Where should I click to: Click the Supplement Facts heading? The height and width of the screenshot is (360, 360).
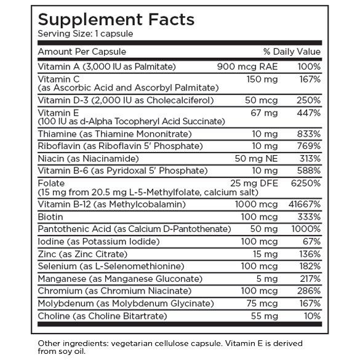[x=116, y=19]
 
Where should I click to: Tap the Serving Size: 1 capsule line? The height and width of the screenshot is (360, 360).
[x=86, y=33]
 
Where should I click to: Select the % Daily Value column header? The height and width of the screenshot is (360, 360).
[x=292, y=52]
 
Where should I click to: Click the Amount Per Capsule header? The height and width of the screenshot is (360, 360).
[x=82, y=52]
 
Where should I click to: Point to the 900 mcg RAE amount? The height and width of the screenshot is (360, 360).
[x=241, y=66]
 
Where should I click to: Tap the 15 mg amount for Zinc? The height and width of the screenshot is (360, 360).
[x=257, y=254]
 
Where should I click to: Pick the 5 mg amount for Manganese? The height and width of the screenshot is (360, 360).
[x=259, y=279]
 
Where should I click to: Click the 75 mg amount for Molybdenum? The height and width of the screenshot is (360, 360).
[x=256, y=303]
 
